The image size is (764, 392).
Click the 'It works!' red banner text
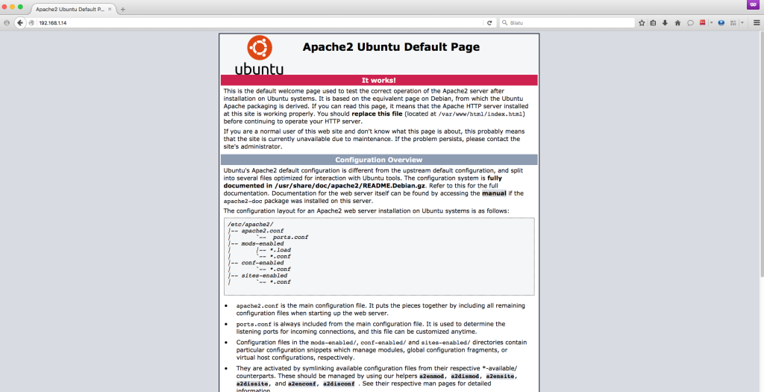tap(378, 80)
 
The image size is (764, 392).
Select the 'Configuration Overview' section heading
tap(378, 160)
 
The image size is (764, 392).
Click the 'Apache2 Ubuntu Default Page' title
tap(391, 47)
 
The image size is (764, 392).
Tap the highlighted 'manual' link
tap(493, 193)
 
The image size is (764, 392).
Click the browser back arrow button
tap(20, 22)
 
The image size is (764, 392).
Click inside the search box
tap(567, 22)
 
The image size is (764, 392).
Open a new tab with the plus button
tap(122, 9)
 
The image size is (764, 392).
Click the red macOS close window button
tap(5, 7)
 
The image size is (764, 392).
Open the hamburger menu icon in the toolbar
tap(755, 22)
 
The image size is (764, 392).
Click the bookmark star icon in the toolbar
tap(641, 22)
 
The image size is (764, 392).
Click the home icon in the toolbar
tap(677, 22)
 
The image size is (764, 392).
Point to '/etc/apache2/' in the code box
tap(250, 224)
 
